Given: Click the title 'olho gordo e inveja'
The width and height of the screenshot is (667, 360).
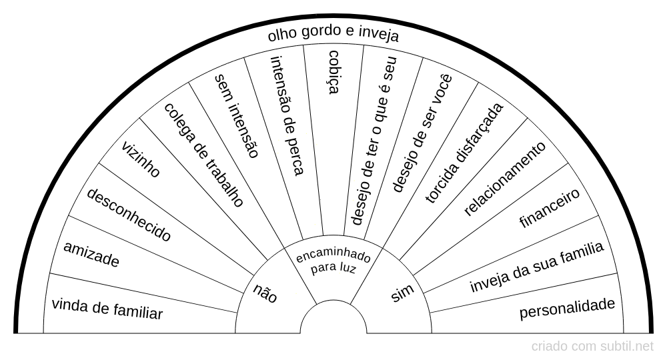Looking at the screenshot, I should click(333, 34).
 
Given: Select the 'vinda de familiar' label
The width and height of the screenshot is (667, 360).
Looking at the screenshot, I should click(107, 309).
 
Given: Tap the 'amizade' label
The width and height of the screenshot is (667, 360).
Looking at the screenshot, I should click(91, 254).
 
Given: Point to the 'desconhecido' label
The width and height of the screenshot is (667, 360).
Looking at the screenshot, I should click(129, 215).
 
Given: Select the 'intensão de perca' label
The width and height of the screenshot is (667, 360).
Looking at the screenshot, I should click(287, 115).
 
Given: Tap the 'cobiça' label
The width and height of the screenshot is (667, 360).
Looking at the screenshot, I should click(334, 72).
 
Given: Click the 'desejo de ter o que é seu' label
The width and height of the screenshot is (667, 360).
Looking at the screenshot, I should click(373, 140).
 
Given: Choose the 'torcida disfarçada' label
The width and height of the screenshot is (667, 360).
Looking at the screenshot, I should click(464, 153).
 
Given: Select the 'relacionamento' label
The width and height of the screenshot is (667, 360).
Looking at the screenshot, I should click(505, 178).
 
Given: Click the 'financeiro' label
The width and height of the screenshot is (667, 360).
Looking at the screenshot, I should click(549, 208).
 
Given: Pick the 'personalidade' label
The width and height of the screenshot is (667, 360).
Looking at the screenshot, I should click(567, 308).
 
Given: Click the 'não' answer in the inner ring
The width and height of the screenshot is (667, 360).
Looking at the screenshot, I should click(265, 293).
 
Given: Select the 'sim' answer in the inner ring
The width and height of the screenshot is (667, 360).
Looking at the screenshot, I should click(402, 293).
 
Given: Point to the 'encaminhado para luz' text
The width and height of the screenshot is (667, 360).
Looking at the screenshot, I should click(333, 261).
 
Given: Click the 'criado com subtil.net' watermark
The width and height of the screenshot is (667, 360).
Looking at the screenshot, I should click(592, 346).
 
